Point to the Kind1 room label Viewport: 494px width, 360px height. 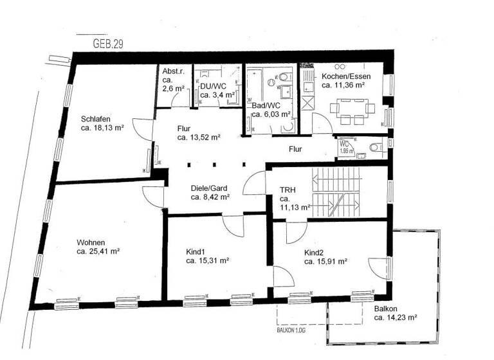pyautogui.click(x=197, y=251)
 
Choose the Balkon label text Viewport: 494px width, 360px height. pyautogui.click(x=385, y=309)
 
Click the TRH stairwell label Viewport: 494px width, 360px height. pyautogui.click(x=287, y=190)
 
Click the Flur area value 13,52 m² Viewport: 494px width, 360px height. pyautogui.click(x=199, y=137)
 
